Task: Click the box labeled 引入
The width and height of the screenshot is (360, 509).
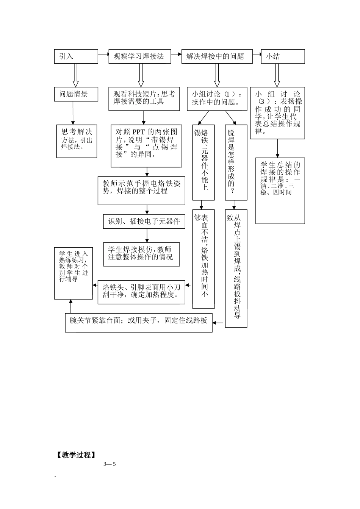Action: [x=76, y=56]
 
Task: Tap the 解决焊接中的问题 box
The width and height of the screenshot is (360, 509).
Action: [x=217, y=56]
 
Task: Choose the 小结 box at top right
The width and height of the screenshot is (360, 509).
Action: [x=283, y=56]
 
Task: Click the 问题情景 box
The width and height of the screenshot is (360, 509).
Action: [x=76, y=94]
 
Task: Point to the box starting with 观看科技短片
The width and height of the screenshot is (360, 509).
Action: [x=144, y=99]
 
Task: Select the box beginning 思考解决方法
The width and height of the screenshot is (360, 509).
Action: [x=77, y=141]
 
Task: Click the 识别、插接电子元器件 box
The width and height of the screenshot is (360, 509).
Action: [x=144, y=221]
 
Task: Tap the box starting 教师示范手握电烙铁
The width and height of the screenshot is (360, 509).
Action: [x=141, y=190]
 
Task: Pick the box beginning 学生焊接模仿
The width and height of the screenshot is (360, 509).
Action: [x=141, y=254]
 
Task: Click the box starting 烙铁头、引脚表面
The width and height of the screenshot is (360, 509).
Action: [x=141, y=292]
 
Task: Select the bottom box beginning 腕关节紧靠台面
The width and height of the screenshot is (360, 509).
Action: [x=138, y=322]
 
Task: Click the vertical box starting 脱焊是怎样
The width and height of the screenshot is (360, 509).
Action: [x=236, y=162]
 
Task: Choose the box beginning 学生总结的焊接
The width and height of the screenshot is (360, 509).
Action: [x=280, y=190]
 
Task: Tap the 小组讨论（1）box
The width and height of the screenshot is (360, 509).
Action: [x=217, y=98]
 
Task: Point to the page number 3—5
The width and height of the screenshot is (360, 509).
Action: [x=109, y=464]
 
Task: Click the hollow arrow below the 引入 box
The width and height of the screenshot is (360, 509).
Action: [x=75, y=75]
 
